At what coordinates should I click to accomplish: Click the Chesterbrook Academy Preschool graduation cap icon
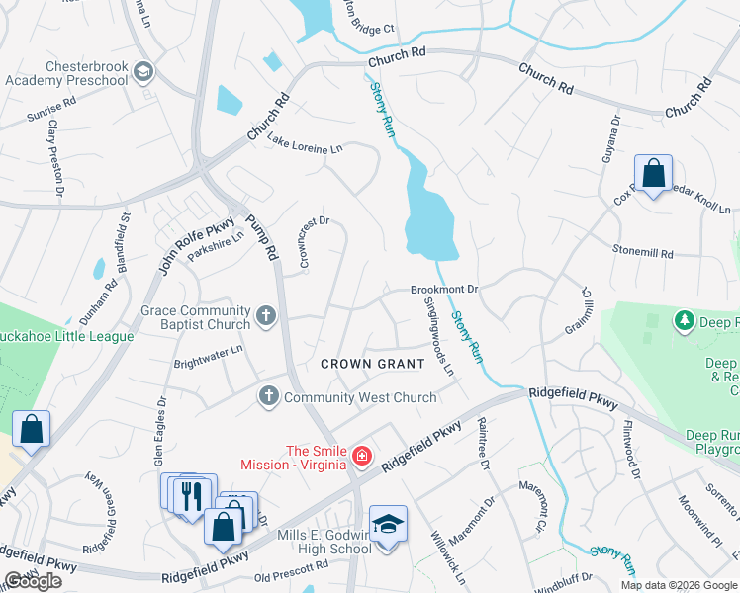click(x=144, y=71)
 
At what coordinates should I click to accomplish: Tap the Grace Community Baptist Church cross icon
click(x=265, y=317)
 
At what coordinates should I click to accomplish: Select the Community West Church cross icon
click(x=268, y=396)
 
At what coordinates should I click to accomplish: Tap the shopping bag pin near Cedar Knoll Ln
click(x=653, y=175)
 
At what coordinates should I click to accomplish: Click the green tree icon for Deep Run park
click(x=683, y=321)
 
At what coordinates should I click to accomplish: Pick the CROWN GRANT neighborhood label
click(x=373, y=364)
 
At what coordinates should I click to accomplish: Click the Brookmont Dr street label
click(x=444, y=290)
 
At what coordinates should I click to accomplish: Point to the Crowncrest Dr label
click(x=313, y=242)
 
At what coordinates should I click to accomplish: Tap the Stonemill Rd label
click(x=643, y=251)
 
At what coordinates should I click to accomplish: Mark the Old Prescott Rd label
click(x=291, y=569)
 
